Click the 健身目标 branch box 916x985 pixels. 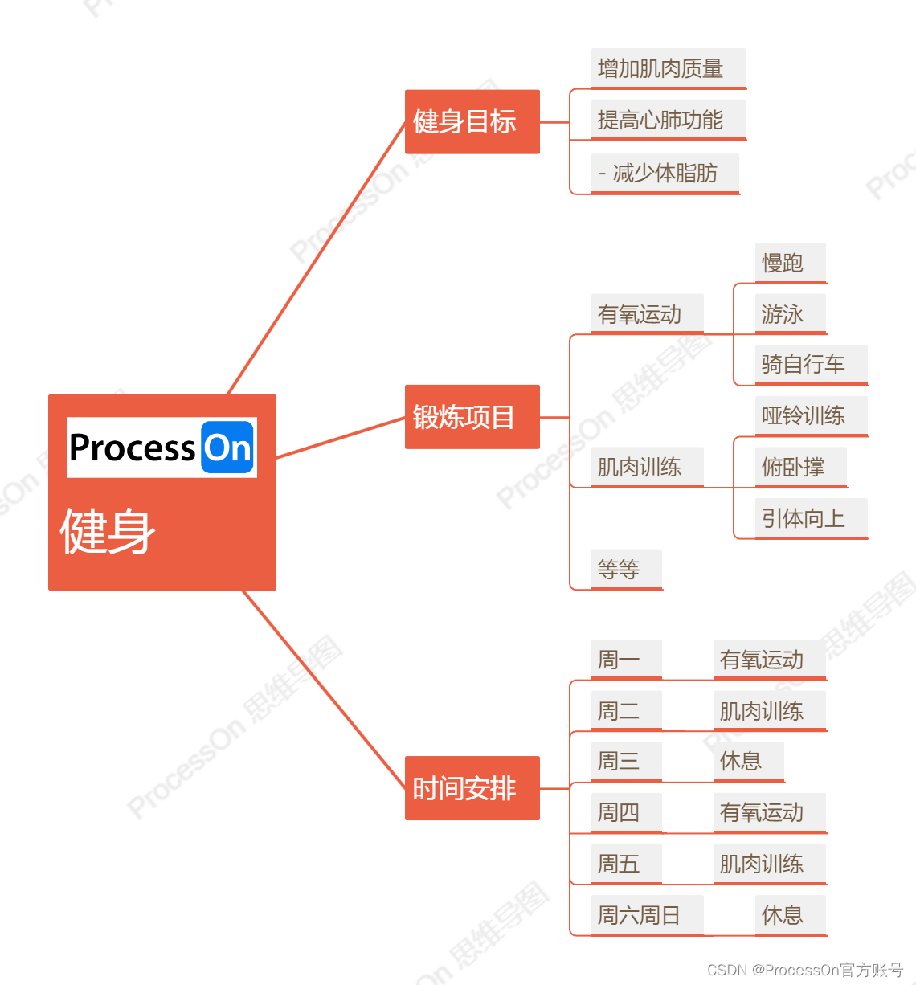tap(472, 121)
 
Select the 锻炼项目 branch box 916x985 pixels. tap(472, 417)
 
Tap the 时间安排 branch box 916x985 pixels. tap(472, 788)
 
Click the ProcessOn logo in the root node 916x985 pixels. tap(162, 448)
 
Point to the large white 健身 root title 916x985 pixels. tap(108, 531)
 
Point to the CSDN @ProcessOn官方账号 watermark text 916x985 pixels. tap(805, 970)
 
